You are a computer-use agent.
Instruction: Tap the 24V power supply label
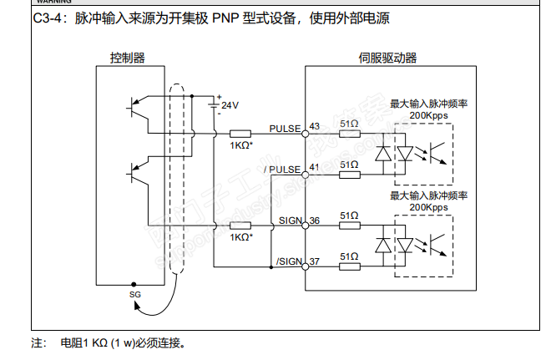click(x=230, y=105)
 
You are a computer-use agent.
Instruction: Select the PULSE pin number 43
click(x=315, y=126)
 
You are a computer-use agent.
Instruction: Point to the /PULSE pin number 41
click(x=315, y=168)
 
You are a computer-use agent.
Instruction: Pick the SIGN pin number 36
click(x=315, y=221)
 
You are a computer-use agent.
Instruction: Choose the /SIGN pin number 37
click(x=315, y=262)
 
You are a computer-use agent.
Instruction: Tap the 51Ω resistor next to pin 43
click(x=350, y=134)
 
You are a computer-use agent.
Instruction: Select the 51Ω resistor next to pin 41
click(x=350, y=175)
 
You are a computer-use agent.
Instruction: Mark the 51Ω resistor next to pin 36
click(x=350, y=226)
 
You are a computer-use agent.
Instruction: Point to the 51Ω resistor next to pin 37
click(x=350, y=268)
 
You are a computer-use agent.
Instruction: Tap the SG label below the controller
click(x=136, y=295)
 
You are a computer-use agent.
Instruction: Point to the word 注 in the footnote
click(x=37, y=343)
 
